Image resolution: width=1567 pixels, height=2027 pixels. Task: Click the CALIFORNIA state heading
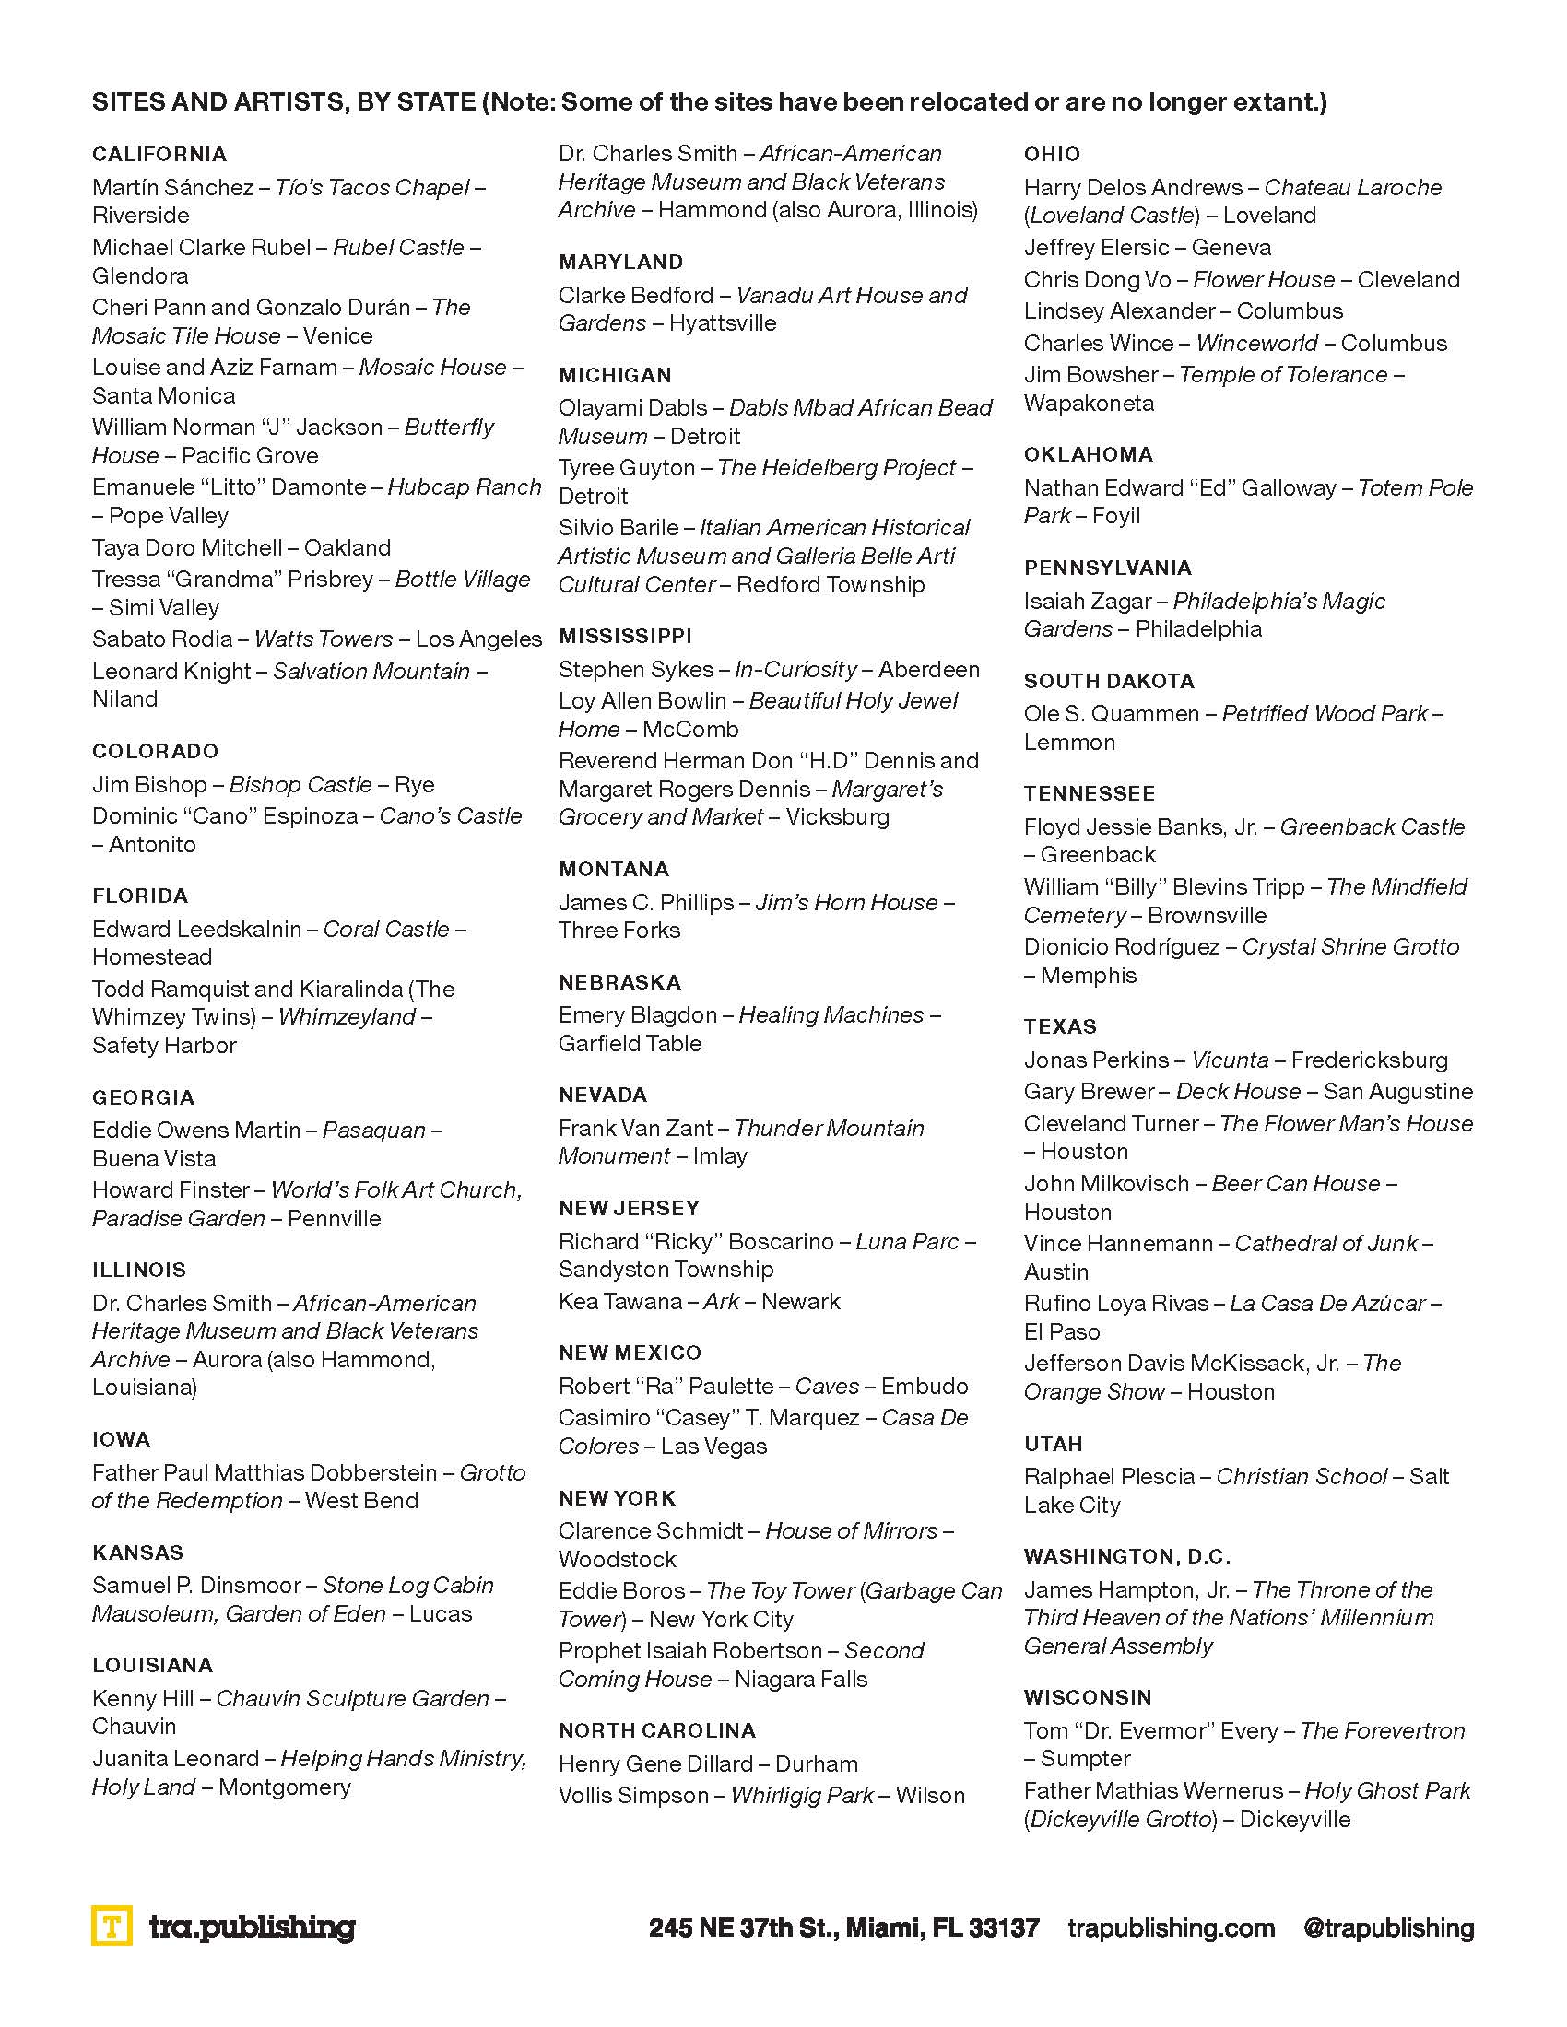159,154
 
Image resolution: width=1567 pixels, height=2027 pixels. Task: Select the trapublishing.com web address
1171,1927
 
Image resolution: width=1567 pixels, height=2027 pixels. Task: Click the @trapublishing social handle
1388,1927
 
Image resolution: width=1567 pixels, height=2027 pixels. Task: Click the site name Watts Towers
323,639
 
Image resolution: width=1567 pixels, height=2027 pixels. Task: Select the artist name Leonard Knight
171,671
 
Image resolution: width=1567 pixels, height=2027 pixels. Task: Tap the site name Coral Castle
386,929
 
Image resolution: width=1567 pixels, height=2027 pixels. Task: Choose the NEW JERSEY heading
629,1209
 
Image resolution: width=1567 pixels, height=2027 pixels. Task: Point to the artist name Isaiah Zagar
1087,602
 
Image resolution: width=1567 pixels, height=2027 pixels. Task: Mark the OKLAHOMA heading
1088,455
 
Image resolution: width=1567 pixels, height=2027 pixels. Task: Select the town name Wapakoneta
1089,404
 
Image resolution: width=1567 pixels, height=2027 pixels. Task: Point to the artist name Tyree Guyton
627,468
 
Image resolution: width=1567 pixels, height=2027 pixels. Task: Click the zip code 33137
1003,1927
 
